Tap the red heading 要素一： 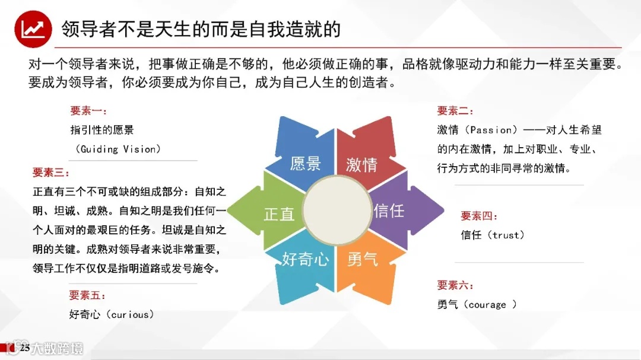89,111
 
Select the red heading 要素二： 456,111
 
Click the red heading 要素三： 51,173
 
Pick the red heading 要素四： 480,216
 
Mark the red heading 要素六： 456,285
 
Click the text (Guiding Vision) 118,149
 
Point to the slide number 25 25,348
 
